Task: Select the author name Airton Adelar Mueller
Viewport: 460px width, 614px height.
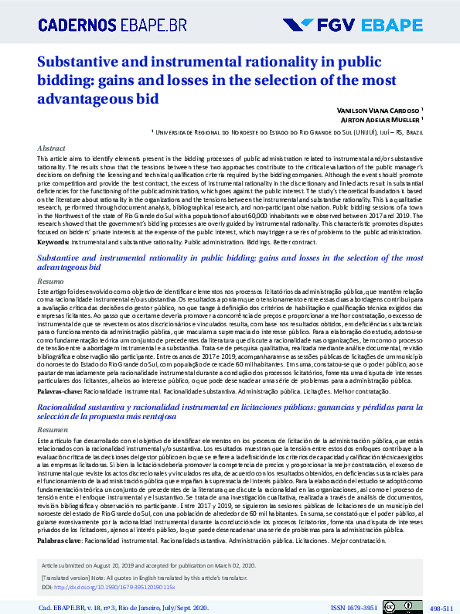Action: (380, 121)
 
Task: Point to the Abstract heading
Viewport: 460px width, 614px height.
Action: (51, 147)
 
